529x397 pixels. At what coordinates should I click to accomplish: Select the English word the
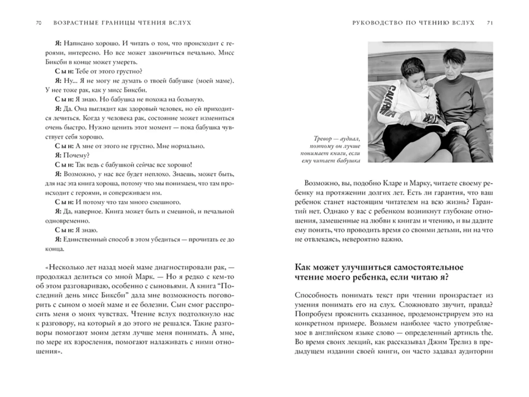click(487, 332)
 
